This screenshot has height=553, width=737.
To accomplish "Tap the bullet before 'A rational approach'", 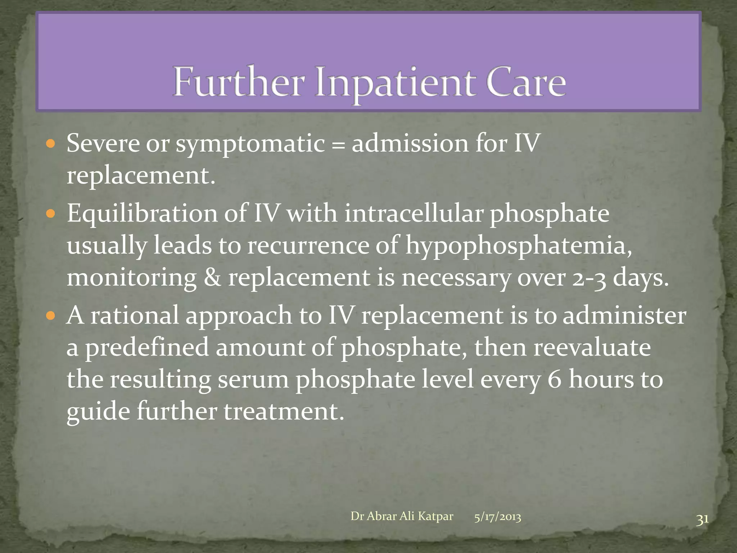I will (x=51, y=316).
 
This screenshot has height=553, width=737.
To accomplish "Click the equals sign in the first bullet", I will (x=338, y=144).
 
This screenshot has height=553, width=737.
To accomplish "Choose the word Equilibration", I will (x=142, y=213).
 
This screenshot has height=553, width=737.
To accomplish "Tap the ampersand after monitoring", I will (x=212, y=278).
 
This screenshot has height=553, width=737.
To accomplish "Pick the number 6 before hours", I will (x=554, y=379).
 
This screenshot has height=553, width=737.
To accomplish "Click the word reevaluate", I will (x=592, y=347).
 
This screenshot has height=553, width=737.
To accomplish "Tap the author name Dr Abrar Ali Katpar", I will (x=402, y=516).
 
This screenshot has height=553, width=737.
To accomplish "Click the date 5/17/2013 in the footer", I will (x=497, y=517).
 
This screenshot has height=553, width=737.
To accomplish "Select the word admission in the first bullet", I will (x=410, y=144).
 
